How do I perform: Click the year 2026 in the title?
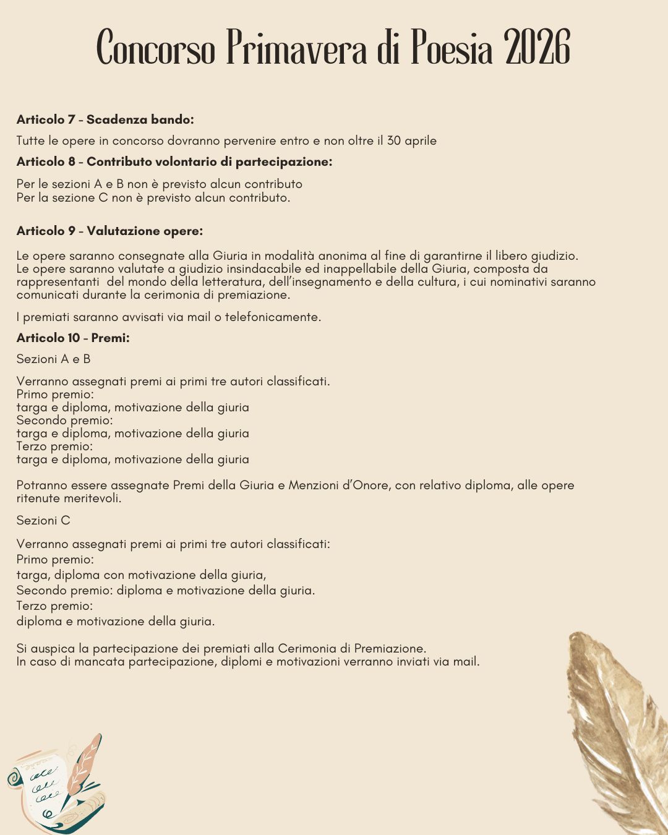[x=537, y=48]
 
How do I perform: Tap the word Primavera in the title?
[x=297, y=48]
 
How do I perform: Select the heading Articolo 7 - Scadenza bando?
[x=105, y=119]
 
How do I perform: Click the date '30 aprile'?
[x=411, y=141]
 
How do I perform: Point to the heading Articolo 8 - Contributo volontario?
[x=174, y=162]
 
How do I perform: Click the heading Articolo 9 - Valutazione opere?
[x=109, y=231]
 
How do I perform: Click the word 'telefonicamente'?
[x=273, y=317]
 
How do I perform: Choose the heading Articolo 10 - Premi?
[x=73, y=338]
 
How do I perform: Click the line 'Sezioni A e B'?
[x=53, y=359]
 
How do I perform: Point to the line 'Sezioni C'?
[x=43, y=521]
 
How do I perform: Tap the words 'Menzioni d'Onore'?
[x=339, y=486]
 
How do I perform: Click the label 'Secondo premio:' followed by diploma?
[x=64, y=591]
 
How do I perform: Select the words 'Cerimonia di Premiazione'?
[x=351, y=649]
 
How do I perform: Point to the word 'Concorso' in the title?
[x=156, y=48]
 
